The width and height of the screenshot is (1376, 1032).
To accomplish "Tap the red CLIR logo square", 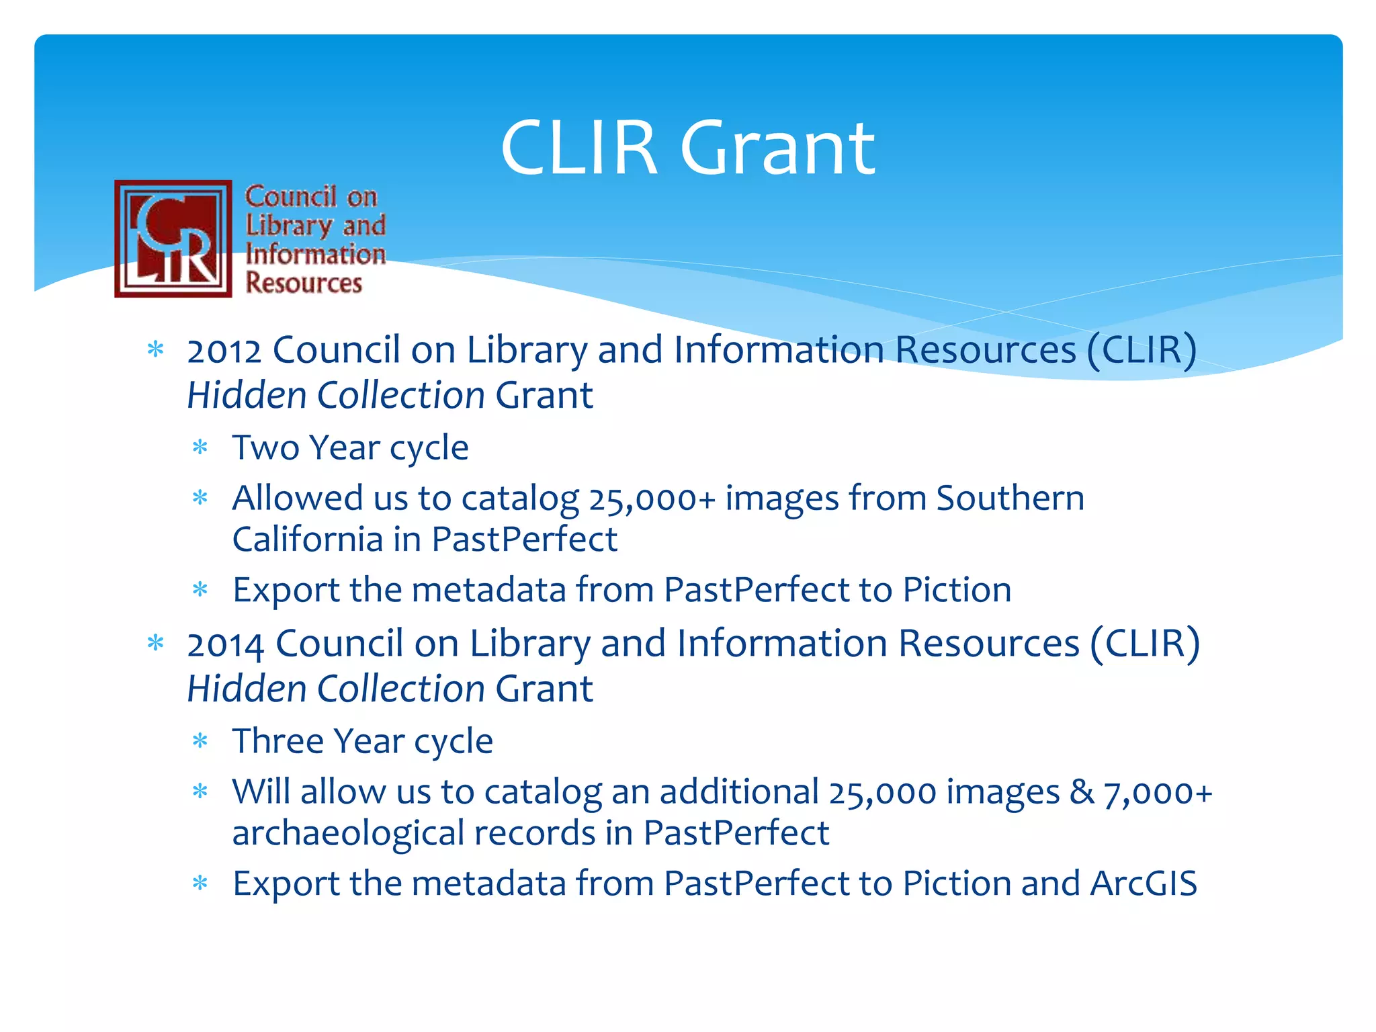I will [173, 239].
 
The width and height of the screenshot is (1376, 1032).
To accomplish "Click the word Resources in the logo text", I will [304, 283].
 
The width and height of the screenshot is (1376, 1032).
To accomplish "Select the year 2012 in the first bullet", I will [224, 351].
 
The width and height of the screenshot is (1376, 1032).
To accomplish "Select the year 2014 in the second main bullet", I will [225, 645].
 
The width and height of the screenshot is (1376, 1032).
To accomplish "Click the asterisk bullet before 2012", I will [156, 349].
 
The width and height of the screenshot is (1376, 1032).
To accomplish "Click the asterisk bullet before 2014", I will [156, 643].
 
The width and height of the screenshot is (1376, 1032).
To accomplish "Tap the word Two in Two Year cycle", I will [265, 448].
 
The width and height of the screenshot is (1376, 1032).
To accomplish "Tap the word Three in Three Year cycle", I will [277, 742].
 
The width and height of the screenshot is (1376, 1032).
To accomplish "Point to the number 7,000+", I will [1158, 793].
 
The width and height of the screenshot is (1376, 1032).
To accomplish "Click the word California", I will [307, 540].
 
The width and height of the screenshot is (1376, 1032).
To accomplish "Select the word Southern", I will [1010, 499].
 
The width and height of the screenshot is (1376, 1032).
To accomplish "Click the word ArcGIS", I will [1144, 884].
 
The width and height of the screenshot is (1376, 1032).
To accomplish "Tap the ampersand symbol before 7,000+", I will [1082, 792].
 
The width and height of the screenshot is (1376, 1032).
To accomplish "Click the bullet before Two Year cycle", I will [200, 447].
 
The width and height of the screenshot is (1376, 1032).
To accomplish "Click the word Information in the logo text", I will [316, 255].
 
